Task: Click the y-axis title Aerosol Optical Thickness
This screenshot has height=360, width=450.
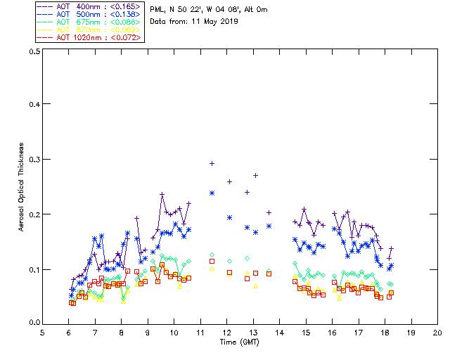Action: [22, 186]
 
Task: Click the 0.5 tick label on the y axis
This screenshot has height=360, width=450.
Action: [34, 51]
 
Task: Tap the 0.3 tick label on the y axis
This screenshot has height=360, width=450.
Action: [34, 160]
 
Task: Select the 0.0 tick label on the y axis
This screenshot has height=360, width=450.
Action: [34, 323]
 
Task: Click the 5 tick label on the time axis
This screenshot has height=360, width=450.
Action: [42, 333]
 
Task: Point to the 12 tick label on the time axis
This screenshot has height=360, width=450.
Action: [227, 333]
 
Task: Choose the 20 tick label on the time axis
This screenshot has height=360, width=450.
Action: [437, 333]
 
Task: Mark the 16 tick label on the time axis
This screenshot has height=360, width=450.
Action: [333, 333]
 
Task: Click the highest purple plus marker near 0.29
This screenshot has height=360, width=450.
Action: [212, 163]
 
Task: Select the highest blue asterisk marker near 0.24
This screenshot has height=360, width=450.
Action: [212, 193]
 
